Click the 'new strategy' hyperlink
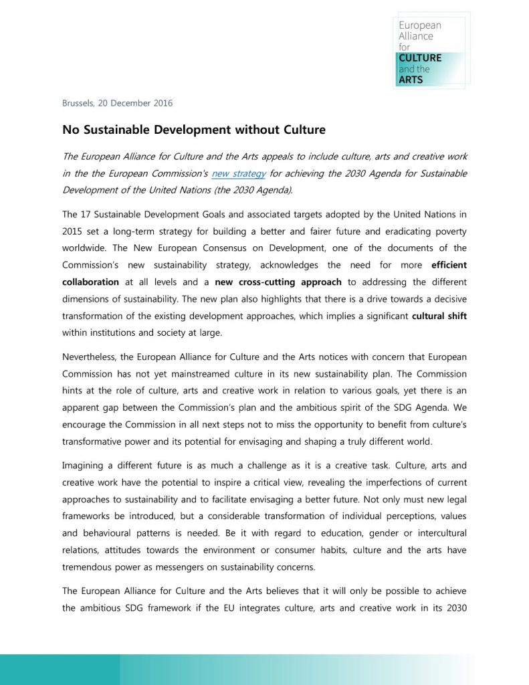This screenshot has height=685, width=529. coord(239,173)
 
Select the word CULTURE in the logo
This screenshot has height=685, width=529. coord(420,58)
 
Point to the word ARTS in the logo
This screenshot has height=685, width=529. coord(411,80)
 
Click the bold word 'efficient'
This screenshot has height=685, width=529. coord(449,265)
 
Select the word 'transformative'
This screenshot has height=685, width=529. coord(94,442)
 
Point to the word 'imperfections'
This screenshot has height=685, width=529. coord(373,482)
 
